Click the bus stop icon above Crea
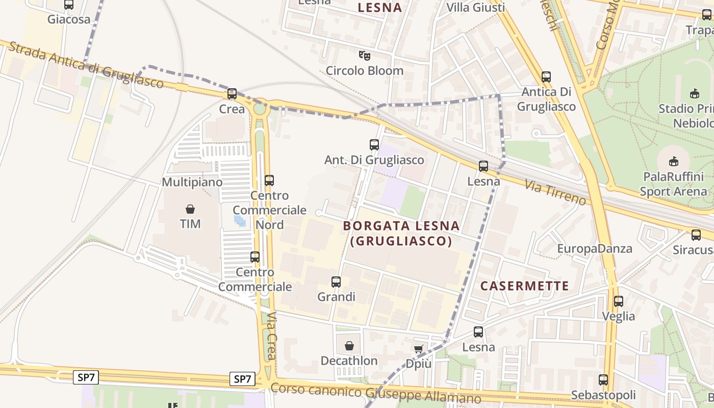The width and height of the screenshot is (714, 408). tap(232, 94)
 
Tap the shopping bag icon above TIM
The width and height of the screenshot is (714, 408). tap(190, 209)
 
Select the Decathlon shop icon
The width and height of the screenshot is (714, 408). tap(349, 346)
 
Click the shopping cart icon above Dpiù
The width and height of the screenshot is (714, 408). tap(419, 349)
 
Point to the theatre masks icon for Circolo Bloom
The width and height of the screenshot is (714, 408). tap(364, 55)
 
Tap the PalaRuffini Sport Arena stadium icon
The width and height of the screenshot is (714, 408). tap(674, 162)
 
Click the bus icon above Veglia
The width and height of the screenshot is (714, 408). tap(619, 301)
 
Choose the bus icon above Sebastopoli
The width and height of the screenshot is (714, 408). tap(603, 380)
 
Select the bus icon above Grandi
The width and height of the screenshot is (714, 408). tap(336, 282)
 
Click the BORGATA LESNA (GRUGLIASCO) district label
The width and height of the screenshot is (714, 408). tap(401, 233)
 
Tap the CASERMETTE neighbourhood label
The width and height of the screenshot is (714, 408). tap(525, 286)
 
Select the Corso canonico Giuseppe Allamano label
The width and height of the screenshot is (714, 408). tap(375, 392)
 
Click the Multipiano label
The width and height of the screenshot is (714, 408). tap(192, 182)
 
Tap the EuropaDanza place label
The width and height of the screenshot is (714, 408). tap(595, 249)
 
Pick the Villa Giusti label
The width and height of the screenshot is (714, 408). tap(475, 7)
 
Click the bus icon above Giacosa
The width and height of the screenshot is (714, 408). tap(69, 5)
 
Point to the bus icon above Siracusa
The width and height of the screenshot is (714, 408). tap(696, 235)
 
